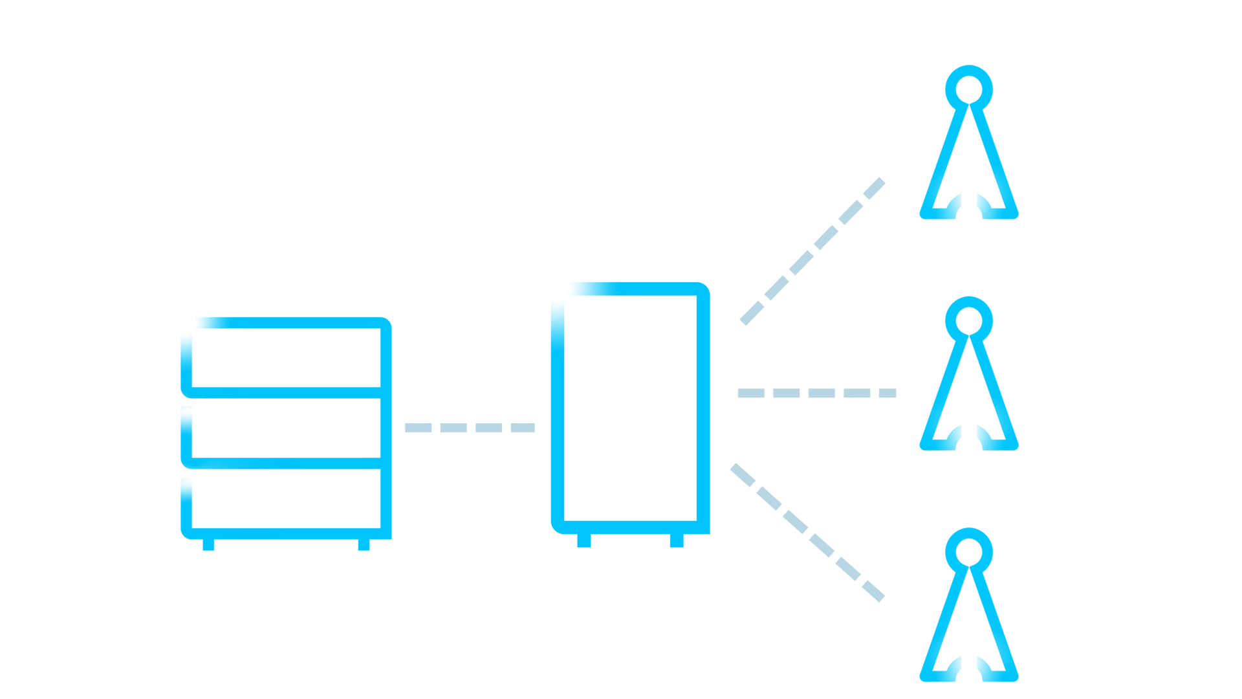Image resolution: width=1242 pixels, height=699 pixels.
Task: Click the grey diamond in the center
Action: (470, 427)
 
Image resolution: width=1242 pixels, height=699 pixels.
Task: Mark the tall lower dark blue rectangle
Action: (732, 605)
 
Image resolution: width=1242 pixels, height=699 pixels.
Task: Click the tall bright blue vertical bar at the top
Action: (411, 149)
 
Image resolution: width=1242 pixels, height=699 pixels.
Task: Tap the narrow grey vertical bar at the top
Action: (766, 116)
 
